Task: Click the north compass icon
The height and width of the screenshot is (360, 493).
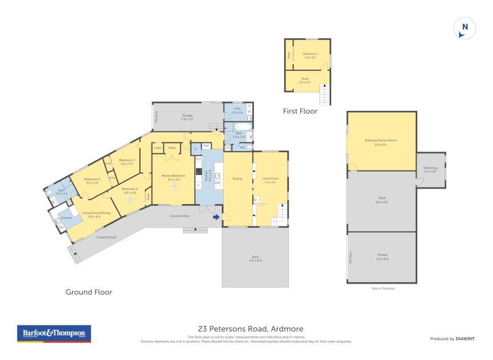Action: point(465,28)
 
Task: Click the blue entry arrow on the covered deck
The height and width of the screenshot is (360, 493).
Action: point(216,216)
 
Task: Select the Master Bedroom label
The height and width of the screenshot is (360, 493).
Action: point(173,176)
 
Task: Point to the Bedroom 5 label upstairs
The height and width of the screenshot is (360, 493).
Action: point(311,55)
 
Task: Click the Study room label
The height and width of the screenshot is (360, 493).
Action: point(305,80)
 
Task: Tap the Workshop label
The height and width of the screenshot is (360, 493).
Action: point(430,169)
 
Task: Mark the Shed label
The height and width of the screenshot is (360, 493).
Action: point(381,200)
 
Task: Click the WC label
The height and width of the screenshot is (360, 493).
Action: point(242,147)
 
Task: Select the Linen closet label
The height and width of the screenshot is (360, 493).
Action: point(158,148)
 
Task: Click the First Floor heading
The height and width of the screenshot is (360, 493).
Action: point(300,112)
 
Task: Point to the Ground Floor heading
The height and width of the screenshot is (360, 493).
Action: point(89,292)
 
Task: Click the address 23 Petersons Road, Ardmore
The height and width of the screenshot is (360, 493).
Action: point(250,329)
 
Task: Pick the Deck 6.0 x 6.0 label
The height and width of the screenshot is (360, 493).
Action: point(255,260)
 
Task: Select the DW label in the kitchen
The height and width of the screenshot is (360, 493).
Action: point(216,182)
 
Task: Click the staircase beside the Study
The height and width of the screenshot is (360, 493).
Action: point(325,95)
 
